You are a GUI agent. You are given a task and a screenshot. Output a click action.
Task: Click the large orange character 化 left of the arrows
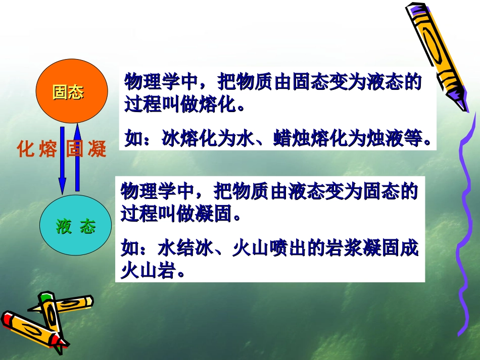coord(25,149)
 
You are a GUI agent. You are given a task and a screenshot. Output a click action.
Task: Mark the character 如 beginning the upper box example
coord(133,138)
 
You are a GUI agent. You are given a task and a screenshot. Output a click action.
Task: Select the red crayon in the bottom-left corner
coord(30,331)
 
